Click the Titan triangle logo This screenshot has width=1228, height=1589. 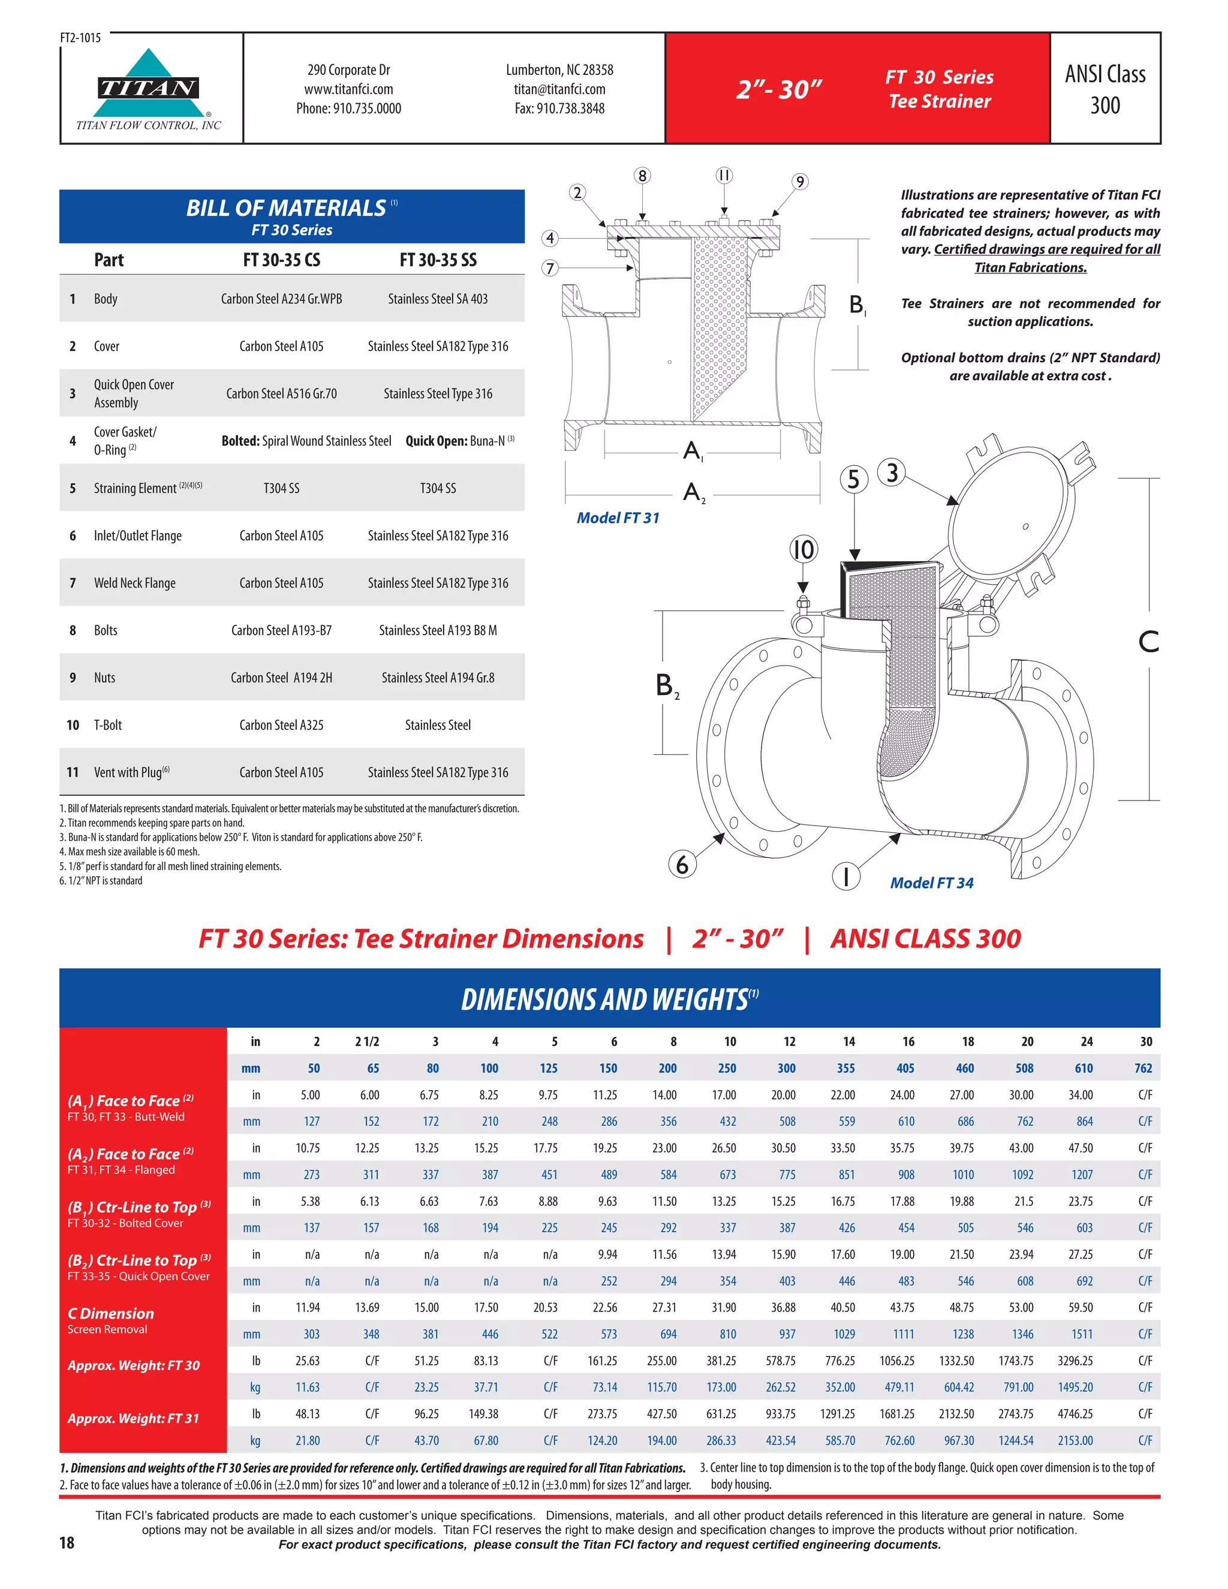(x=149, y=85)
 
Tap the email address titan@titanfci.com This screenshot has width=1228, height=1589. (x=559, y=89)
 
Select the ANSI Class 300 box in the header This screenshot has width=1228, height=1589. (x=1104, y=89)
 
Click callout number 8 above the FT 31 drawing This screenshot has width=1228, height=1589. (x=642, y=175)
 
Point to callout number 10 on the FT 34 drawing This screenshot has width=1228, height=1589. (x=803, y=549)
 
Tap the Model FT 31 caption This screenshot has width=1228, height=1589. (x=618, y=518)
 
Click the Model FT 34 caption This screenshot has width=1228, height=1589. (x=931, y=883)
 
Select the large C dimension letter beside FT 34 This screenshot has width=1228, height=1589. (x=1148, y=642)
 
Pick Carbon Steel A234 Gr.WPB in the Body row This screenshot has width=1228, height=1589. (x=282, y=299)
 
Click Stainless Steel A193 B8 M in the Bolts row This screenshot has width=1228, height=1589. (x=438, y=631)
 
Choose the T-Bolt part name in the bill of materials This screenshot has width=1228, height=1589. (x=108, y=726)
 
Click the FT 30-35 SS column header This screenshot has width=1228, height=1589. (x=438, y=260)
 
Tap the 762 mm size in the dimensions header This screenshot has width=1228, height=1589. (x=1143, y=1068)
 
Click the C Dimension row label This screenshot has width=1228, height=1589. (x=110, y=1314)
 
